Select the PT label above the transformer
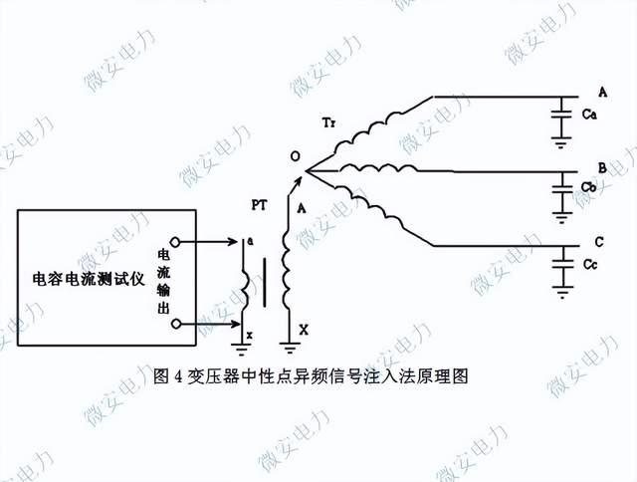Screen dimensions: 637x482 point(257,204)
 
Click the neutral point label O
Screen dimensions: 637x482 point(294,157)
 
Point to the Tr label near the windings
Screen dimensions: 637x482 point(329,121)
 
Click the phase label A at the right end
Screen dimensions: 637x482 point(602,91)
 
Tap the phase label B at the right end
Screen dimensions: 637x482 point(602,166)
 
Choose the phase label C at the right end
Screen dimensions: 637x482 point(598,242)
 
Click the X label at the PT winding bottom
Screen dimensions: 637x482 point(304,329)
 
